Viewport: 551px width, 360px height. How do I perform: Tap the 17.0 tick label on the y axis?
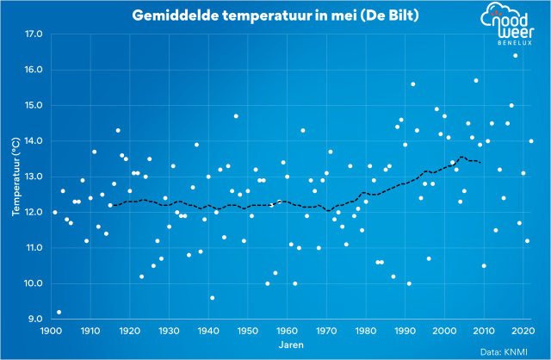(x=34, y=34)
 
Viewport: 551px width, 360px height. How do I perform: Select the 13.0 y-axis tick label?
(x=34, y=177)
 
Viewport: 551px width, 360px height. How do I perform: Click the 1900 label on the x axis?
(x=51, y=331)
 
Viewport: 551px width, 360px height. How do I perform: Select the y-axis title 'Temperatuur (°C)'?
(x=15, y=177)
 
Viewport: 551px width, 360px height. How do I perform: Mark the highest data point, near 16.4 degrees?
(x=516, y=56)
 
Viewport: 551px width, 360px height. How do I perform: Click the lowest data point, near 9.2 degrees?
(x=59, y=313)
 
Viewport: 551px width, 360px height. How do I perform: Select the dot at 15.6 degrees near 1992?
(x=413, y=84)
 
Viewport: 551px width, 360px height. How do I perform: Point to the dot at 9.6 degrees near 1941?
(x=212, y=298)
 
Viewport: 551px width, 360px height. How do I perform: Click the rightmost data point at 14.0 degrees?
(x=531, y=141)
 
